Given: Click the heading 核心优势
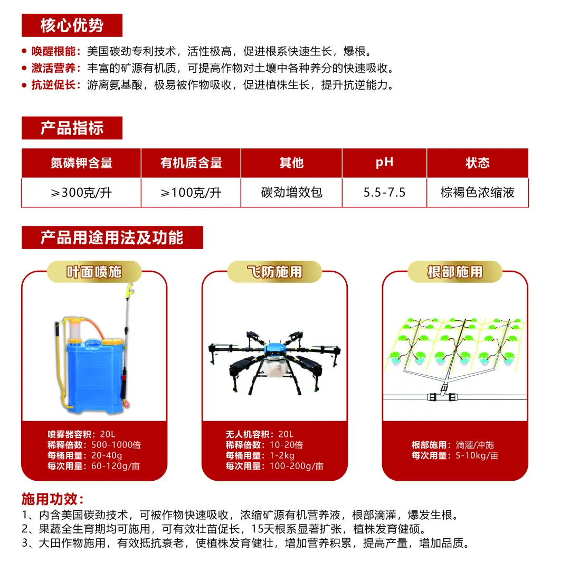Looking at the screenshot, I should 72,25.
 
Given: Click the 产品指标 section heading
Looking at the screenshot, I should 72,128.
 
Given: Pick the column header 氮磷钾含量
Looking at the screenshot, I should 81,163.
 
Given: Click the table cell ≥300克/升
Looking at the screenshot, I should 81,193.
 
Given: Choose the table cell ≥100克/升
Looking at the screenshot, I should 191,193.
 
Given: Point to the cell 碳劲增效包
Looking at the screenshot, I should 291,193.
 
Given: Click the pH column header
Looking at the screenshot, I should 384,163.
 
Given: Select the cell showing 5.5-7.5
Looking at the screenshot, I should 384,193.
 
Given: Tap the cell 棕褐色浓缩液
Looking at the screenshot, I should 477,193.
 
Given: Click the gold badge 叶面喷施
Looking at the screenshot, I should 94,272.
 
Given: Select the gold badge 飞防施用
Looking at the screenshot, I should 274,272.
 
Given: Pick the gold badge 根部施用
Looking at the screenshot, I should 455,272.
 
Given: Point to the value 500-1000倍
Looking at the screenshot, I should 116,445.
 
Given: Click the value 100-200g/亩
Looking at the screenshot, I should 297,466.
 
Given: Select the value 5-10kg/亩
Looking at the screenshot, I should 477,455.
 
